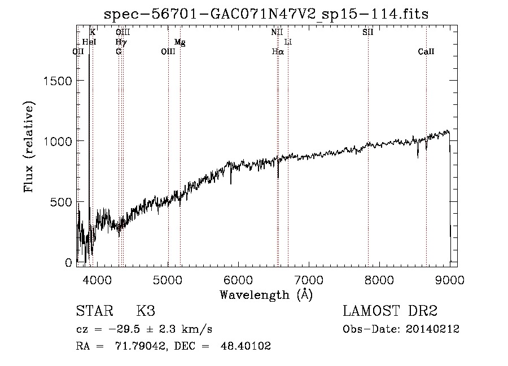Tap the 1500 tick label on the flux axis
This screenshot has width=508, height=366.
tap(58, 81)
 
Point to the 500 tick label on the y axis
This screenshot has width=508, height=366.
tap(62, 202)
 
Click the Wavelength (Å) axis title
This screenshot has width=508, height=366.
tap(266, 294)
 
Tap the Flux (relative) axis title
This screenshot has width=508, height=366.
tap(30, 147)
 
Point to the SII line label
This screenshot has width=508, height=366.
tap(367, 32)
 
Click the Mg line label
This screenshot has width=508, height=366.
tap(179, 42)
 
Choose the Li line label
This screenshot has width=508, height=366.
tap(288, 42)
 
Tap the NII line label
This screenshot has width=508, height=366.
tap(277, 32)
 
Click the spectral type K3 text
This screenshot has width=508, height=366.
tap(146, 311)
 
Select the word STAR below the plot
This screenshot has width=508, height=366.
tap(94, 311)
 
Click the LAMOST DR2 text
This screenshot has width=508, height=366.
tap(390, 311)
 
